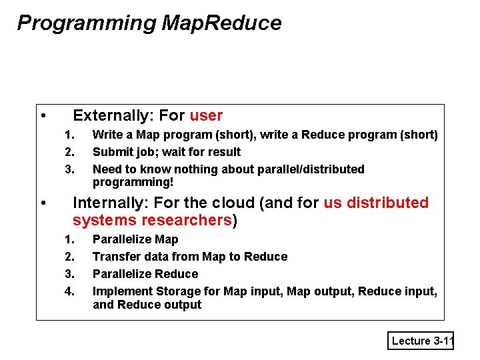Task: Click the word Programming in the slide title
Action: click(86, 23)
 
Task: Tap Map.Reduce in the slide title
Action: click(221, 23)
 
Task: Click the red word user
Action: click(206, 115)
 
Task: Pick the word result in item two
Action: click(223, 152)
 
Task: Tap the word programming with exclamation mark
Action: click(133, 182)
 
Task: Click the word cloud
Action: click(234, 203)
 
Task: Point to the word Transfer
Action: click(115, 257)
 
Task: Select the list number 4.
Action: click(69, 291)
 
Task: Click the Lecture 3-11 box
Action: click(422, 341)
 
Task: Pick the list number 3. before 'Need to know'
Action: click(69, 169)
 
